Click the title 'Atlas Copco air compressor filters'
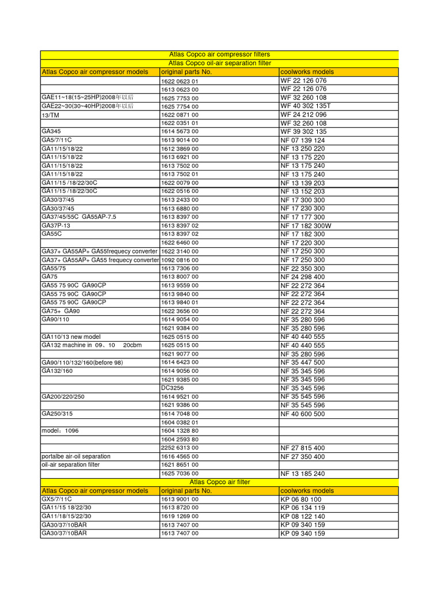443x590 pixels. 219,55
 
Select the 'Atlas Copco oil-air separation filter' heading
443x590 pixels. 219,63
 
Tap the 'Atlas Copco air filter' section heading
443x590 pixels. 219,482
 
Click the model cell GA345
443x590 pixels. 51,131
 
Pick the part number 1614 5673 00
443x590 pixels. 180,132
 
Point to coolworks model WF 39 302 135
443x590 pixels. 303,132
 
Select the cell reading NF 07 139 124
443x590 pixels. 303,140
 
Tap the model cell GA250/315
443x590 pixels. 57,414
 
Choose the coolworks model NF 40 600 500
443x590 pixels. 303,414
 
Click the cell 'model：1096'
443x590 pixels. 59,431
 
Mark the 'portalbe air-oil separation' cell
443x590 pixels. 76,456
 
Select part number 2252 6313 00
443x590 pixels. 180,448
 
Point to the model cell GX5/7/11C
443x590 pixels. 57,500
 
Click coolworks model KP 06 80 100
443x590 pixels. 301,500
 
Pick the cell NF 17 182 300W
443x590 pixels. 306,225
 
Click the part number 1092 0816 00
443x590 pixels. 180,260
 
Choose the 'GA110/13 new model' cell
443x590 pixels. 71,336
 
